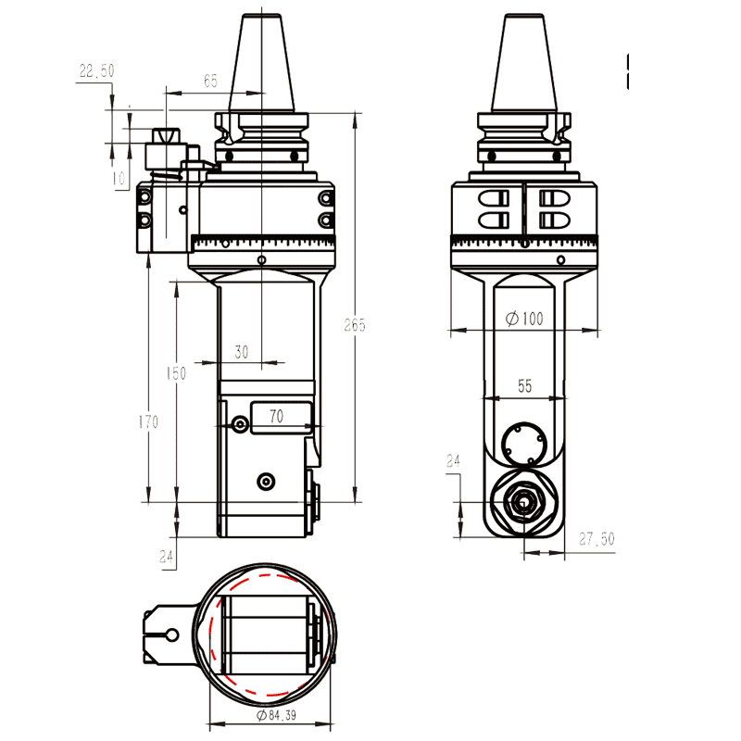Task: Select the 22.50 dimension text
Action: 96,70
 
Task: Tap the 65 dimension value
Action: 210,82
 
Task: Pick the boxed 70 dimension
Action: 276,417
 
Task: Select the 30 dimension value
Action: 242,352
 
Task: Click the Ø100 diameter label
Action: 524,319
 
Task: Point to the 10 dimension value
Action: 119,177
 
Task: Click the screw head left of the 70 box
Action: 241,424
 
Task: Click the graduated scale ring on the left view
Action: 262,243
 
